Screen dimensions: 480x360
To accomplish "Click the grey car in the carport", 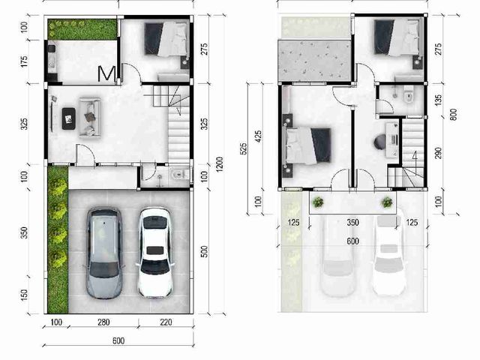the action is pyautogui.click(x=104, y=253).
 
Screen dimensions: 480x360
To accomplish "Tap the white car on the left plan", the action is pyautogui.click(x=155, y=253).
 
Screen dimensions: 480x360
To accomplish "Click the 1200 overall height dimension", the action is pyautogui.click(x=219, y=164).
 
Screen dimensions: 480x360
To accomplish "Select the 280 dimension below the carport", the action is pyautogui.click(x=103, y=322).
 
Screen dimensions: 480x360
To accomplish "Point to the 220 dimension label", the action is pyautogui.click(x=166, y=322).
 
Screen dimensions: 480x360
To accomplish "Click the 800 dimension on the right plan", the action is pyautogui.click(x=454, y=115).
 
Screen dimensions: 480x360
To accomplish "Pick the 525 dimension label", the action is pyautogui.click(x=243, y=148).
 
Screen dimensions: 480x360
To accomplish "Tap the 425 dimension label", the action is pyautogui.click(x=258, y=136).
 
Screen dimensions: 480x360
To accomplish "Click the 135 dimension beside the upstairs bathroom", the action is pyautogui.click(x=438, y=100).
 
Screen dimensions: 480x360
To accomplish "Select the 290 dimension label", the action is pyautogui.click(x=438, y=153).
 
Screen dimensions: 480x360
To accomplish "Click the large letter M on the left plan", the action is pyautogui.click(x=106, y=73).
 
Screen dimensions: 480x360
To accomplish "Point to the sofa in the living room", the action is pyautogui.click(x=90, y=117).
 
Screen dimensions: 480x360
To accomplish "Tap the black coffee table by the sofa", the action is pyautogui.click(x=68, y=118).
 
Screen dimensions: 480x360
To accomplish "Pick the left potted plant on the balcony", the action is pyautogui.click(x=318, y=202).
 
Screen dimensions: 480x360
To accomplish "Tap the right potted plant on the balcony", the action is pyautogui.click(x=387, y=202).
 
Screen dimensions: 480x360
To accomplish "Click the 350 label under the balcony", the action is pyautogui.click(x=352, y=222).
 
